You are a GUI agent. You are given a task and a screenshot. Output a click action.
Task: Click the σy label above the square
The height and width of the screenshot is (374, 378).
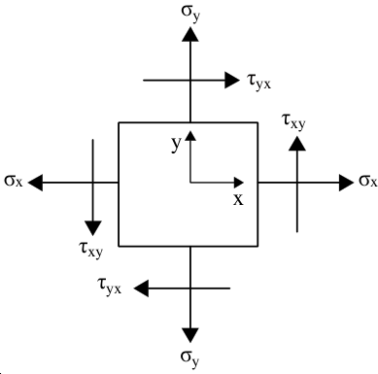coord(190,14)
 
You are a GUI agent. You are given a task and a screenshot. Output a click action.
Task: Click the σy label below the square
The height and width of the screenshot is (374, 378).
coord(189,358)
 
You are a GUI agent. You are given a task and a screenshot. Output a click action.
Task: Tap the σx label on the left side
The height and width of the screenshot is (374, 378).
coord(14,181)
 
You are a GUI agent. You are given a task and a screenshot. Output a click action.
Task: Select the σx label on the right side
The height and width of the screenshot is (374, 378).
coord(368,181)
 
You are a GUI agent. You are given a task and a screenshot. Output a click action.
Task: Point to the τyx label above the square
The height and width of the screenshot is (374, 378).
coord(258,82)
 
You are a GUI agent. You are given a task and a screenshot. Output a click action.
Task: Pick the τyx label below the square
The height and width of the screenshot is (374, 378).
coord(110,287)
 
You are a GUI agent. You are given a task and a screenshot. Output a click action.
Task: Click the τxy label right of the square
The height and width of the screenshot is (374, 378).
coord(294,121)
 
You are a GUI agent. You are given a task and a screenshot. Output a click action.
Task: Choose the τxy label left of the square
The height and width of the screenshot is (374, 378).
coord(90,250)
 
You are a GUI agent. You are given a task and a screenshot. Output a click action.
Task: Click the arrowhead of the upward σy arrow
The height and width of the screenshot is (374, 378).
coord(190,34)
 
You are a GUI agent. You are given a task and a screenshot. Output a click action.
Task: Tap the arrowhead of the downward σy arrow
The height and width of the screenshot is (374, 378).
coord(190,335)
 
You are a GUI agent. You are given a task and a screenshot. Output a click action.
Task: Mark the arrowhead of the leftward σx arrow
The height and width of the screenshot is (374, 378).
coord(35,183)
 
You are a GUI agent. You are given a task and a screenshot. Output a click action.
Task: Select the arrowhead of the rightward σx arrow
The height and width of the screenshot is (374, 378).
coord(346,183)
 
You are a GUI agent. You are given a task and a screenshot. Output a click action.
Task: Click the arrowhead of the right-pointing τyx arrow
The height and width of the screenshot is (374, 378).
coord(232,80)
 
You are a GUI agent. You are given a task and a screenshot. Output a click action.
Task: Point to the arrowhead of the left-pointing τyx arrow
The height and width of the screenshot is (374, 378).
coord(141,288)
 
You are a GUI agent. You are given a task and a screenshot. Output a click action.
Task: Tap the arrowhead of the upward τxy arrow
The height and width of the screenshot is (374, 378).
coord(297,144)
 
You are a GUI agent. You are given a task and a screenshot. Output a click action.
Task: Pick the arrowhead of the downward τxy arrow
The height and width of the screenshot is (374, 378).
coord(93,228)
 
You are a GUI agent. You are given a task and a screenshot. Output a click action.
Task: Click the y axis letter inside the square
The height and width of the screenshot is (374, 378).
coord(176,144)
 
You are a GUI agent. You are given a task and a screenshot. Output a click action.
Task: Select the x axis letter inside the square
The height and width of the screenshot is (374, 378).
coord(238,199)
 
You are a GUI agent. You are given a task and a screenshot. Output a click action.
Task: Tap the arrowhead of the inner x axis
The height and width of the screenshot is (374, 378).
coord(239,183)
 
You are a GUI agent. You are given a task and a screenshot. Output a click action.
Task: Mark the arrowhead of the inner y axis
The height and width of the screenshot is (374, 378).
coord(190,135)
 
